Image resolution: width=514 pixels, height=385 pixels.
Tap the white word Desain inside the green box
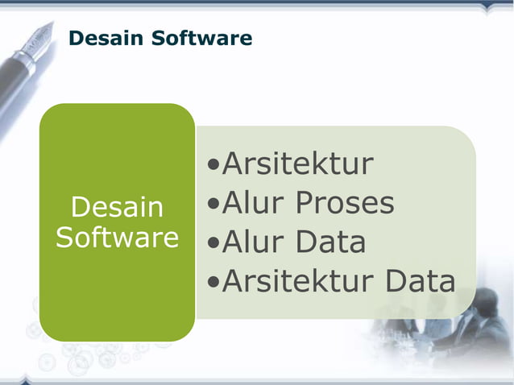tap(117, 208)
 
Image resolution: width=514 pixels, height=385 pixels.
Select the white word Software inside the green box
tap(117, 238)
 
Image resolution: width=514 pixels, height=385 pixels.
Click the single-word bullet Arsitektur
tap(297, 164)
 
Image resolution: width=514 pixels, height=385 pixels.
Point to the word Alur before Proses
tap(253, 203)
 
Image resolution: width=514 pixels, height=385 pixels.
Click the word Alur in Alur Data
tap(253, 242)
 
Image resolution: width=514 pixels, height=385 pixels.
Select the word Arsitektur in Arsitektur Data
tap(297, 281)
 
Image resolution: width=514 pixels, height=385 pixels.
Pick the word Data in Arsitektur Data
tap(420, 281)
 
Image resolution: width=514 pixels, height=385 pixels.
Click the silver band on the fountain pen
tap(27, 60)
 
